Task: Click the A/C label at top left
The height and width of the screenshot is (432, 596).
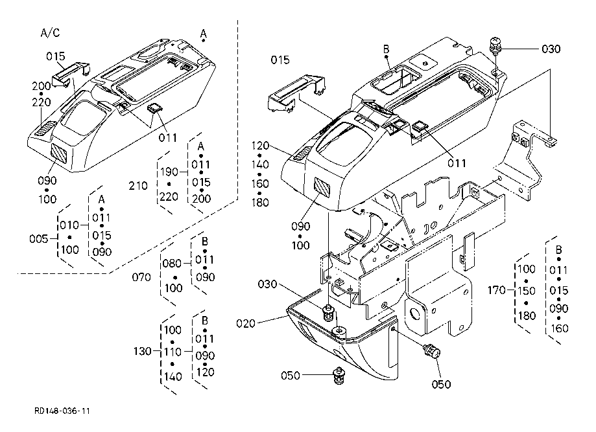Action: coord(50,33)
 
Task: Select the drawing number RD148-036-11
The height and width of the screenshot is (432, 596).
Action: coord(62,411)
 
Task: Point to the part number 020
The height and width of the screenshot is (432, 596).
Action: coord(246,324)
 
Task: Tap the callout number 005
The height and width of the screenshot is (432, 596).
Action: coord(38,239)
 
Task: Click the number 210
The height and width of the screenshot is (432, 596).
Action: coord(138,186)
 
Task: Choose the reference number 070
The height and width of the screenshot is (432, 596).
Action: coord(141,277)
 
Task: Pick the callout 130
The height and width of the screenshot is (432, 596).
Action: coord(143,352)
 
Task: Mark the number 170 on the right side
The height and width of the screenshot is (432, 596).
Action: coord(497,291)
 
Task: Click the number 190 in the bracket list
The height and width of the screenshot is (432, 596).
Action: coord(169,172)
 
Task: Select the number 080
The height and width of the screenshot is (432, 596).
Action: coord(172,264)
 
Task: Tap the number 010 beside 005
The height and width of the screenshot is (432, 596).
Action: coord(69,225)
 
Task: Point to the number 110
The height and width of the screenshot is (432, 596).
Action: coord(173,352)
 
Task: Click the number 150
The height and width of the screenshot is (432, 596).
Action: coord(527,291)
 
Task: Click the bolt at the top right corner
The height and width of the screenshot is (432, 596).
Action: coord(495,45)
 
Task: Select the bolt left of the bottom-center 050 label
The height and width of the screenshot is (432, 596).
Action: coord(338,375)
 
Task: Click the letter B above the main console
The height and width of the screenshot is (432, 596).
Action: coord(386,49)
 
